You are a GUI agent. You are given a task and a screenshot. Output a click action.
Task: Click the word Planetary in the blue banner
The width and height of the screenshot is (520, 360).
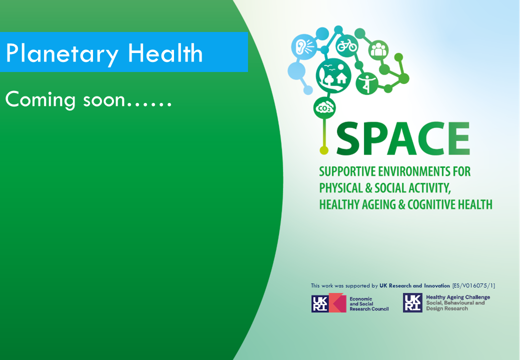point(62,54)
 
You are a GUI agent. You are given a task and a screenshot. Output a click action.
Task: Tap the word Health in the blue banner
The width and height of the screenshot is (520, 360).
point(165,53)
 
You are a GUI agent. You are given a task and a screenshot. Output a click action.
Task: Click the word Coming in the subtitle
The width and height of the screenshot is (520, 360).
point(40,100)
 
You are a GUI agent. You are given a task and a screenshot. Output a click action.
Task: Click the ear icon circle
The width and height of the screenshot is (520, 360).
point(304,46)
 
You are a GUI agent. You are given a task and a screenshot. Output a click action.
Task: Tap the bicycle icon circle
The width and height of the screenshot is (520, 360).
point(347,45)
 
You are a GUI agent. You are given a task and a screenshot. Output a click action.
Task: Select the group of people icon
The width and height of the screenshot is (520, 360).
point(378,50)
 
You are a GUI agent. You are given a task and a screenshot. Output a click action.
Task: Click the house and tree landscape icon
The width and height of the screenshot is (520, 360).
point(333,75)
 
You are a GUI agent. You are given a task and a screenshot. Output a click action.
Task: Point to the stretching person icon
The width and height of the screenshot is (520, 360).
point(367,83)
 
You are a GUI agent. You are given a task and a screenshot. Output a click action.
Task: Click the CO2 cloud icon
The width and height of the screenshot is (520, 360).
point(324,108)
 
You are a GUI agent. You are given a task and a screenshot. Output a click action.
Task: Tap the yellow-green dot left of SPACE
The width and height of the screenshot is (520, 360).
point(324,150)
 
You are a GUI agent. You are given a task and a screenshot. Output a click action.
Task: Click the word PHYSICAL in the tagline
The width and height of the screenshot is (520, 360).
point(341,188)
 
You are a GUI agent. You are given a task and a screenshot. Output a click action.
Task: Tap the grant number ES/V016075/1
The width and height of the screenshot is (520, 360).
point(473,285)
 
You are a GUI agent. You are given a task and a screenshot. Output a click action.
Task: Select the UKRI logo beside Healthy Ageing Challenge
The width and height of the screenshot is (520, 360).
point(412,302)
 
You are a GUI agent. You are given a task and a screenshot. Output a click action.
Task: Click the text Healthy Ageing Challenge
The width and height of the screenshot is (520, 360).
point(458,297)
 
